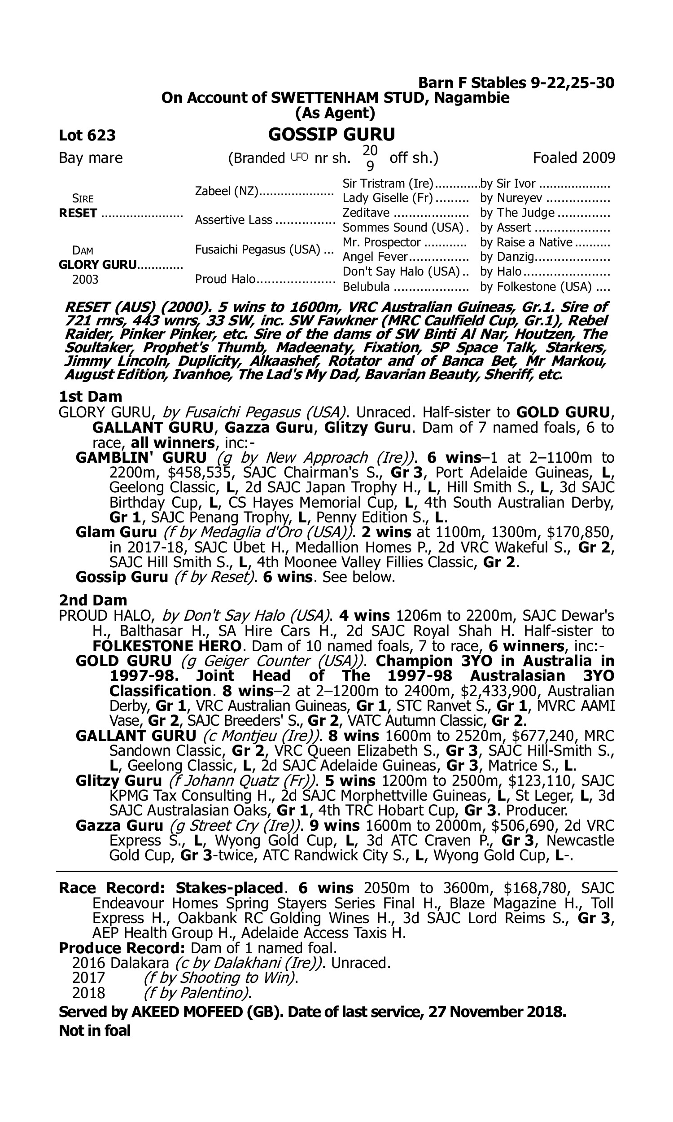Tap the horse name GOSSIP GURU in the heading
pyautogui.click(x=332, y=134)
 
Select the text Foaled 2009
pyautogui.click(x=574, y=158)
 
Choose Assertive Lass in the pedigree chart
pyautogui.click(x=234, y=220)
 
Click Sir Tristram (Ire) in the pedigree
pyautogui.click(x=388, y=183)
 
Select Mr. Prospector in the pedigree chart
pyautogui.click(x=381, y=243)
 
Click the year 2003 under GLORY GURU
pyautogui.click(x=85, y=279)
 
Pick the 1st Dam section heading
pyautogui.click(x=91, y=396)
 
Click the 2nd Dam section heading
pyautogui.click(x=93, y=600)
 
